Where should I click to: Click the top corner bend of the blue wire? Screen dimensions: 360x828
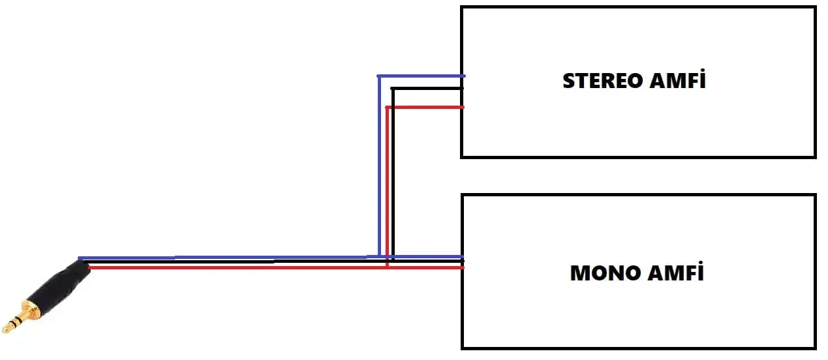click(379, 76)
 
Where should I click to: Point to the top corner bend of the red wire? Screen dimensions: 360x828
click(388, 108)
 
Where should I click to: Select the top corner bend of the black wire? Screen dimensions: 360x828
click(393, 89)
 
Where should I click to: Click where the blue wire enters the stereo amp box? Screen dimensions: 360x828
click(462, 76)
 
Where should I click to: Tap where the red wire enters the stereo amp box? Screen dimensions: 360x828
click(462, 107)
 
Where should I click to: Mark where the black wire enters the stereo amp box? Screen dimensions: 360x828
click(462, 89)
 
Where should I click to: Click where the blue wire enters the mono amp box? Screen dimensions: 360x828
click(462, 256)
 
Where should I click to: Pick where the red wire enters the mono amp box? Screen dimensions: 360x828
click(462, 267)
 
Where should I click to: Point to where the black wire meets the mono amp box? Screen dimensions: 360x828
click(462, 262)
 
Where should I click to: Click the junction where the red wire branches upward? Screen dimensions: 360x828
click(388, 267)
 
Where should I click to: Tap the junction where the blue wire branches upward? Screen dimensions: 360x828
click(379, 256)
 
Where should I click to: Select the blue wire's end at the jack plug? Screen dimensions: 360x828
click(80, 258)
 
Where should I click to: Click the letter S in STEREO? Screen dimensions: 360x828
click(568, 81)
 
